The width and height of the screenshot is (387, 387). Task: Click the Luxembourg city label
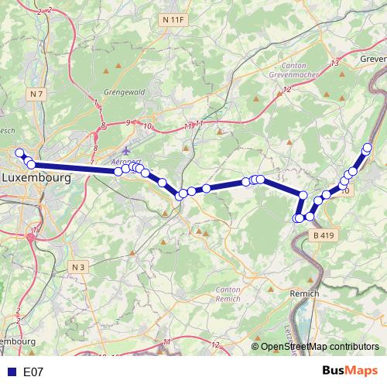coord(36,177)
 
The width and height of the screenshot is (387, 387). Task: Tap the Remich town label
coord(304,294)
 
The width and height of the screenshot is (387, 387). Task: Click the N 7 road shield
coord(35,94)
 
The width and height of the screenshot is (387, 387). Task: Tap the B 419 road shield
coord(321,235)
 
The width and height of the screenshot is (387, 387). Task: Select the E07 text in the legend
coord(33,372)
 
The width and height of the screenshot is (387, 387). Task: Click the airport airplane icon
coord(127,149)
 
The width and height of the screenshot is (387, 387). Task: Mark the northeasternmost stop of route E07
coord(368,148)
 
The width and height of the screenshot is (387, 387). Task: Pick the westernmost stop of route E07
coord(19,152)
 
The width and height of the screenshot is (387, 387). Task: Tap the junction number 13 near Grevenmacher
coord(335,63)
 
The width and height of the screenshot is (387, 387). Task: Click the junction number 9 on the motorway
coord(128,122)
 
